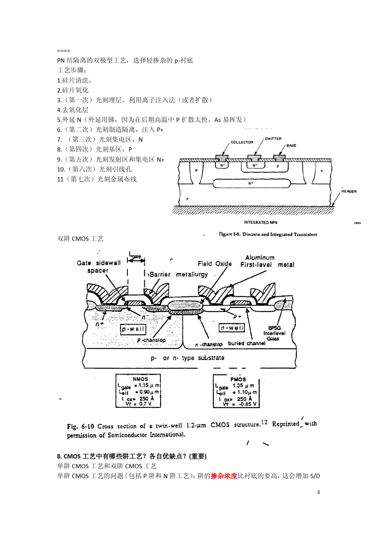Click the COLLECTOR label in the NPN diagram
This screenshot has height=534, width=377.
click(242, 142)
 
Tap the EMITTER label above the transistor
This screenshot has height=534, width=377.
click(273, 139)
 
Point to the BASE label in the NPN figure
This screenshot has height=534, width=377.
click(291, 145)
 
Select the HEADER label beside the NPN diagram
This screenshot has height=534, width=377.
click(349, 191)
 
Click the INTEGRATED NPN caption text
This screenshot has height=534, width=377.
click(260, 223)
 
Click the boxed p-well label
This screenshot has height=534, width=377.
click(133, 329)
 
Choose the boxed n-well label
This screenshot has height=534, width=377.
click(232, 328)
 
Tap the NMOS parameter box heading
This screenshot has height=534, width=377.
click(140, 379)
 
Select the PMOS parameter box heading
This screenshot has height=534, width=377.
click(238, 379)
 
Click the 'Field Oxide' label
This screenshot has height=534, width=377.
click(215, 264)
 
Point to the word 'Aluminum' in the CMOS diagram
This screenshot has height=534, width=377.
click(260, 258)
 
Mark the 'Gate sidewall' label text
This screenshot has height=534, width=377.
click(98, 263)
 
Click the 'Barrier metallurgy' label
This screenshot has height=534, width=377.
click(178, 274)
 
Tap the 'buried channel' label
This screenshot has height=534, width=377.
click(246, 343)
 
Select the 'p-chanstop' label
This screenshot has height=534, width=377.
click(151, 340)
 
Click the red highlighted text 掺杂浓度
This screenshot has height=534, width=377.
click(224, 476)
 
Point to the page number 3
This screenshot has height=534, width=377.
click(318, 492)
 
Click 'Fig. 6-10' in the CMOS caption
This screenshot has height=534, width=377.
click(80, 426)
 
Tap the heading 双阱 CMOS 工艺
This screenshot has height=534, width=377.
click(80, 239)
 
